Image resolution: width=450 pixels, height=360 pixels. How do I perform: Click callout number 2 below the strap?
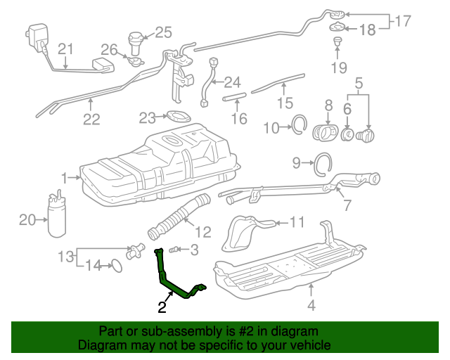162,307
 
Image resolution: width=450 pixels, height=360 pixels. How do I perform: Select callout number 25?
162,32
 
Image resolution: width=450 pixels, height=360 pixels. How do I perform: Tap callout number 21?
65,49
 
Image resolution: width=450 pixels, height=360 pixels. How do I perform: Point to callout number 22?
91,119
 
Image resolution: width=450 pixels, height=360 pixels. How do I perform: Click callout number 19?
339,68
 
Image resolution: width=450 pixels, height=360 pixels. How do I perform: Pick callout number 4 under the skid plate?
311,305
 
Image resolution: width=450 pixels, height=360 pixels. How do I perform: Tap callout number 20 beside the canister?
27,220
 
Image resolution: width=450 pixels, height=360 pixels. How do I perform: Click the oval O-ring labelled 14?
117,266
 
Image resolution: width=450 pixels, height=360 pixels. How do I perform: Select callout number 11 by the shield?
297,223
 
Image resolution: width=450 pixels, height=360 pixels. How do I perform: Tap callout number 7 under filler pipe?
346,206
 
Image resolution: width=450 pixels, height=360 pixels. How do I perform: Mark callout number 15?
283,104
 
